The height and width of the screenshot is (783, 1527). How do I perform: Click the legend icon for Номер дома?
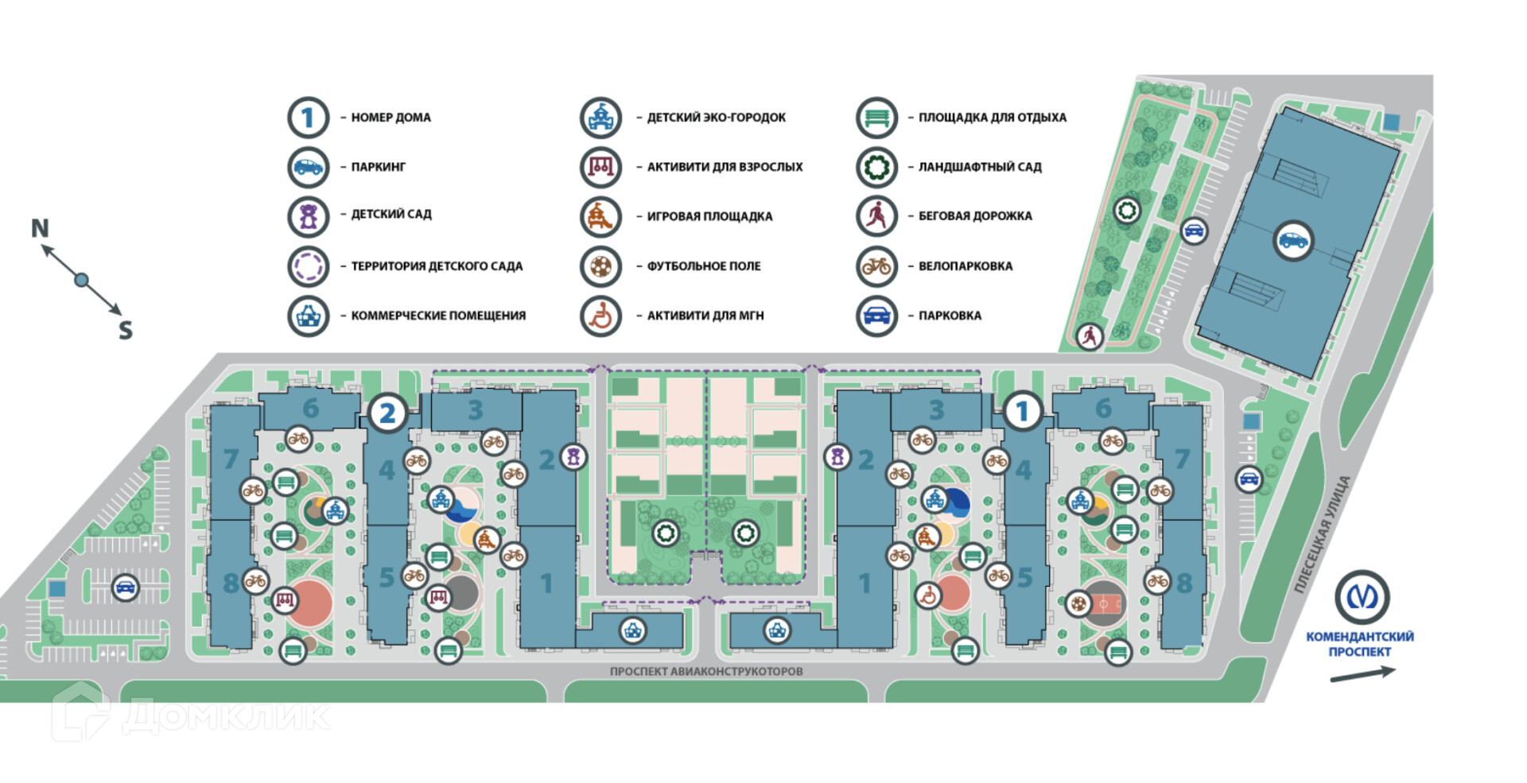point(308,118)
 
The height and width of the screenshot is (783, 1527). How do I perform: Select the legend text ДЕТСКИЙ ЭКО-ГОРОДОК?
point(716,118)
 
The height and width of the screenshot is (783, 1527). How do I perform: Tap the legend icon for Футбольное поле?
point(600,266)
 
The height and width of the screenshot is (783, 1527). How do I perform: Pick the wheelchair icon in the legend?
point(600,316)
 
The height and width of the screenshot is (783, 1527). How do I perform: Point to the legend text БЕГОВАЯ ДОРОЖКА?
point(975,216)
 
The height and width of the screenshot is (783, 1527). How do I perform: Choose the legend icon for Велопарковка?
point(876,266)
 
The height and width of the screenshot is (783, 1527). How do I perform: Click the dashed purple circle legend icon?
point(308,266)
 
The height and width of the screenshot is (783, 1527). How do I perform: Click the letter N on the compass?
point(40,229)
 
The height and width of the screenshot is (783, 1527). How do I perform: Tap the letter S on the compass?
point(126,330)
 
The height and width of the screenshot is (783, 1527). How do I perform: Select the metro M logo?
point(1362,597)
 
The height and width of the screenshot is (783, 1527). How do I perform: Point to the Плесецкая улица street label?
point(1322,534)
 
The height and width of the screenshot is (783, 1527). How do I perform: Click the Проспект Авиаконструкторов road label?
point(706,672)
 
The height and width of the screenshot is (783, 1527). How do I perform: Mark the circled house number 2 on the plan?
point(387,413)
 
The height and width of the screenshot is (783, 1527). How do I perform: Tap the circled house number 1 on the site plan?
point(1023,411)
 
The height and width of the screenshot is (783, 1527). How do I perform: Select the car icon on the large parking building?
point(1293,240)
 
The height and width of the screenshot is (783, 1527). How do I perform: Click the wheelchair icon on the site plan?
point(928,595)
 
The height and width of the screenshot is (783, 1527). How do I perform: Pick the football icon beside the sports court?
point(1078,604)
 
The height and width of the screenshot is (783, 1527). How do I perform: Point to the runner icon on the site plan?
point(1090,336)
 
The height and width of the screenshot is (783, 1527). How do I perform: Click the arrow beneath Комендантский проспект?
point(1362,674)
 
